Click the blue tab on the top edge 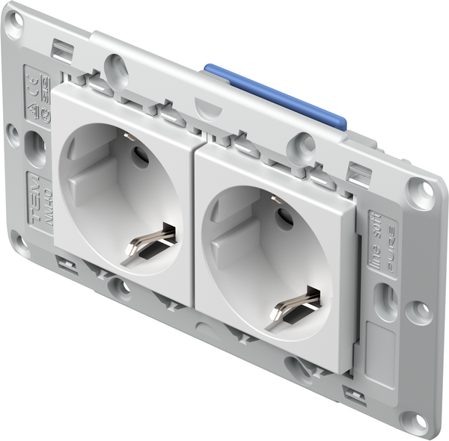pos(277,96)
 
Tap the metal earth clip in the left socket pos(149,242)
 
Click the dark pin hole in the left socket pos(140,157)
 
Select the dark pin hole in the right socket pos(284,218)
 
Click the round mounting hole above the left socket pos(115,68)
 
